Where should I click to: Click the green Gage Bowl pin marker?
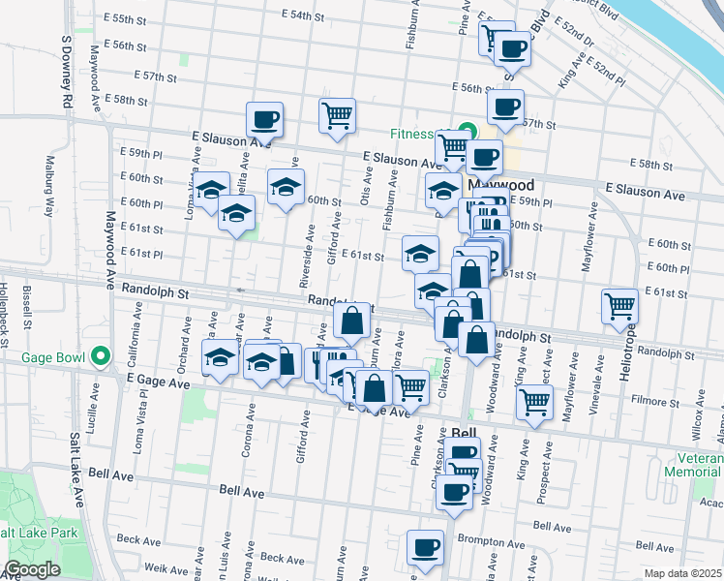pyautogui.click(x=100, y=356)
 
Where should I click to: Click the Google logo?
pyautogui.click(x=32, y=569)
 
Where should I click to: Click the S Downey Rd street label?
pyautogui.click(x=66, y=72)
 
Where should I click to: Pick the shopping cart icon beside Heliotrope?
pyautogui.click(x=619, y=307)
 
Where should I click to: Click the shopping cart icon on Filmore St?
pyautogui.click(x=534, y=401)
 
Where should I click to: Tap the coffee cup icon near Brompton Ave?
pyautogui.click(x=424, y=548)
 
